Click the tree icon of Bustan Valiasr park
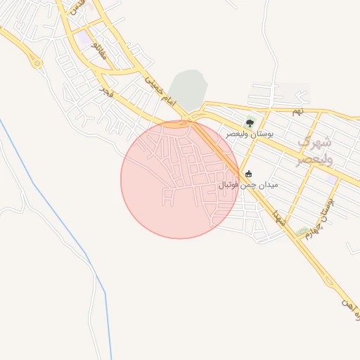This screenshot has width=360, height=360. pos(250,123)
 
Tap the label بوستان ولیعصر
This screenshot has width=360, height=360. pos(250,134)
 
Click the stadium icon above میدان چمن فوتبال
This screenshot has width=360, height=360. pos(248,174)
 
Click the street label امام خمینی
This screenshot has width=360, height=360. pos(158,90)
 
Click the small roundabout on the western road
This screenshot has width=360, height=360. pos(37,63)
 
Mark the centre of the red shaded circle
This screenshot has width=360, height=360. pos(180,180)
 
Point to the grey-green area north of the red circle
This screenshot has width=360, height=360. pos(188,89)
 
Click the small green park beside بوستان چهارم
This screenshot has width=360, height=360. pos(302,231)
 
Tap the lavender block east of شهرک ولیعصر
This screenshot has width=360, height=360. pos(330,180)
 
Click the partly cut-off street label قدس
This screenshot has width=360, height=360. pos(79,6)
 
